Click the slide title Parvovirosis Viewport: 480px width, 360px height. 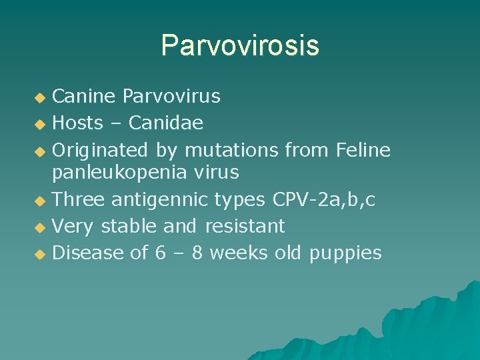[240, 45]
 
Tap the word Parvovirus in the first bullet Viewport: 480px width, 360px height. [171, 97]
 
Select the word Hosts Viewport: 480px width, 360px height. [77, 123]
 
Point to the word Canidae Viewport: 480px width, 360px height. [166, 123]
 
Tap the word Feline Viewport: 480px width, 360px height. [363, 150]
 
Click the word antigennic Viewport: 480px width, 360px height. [162, 199]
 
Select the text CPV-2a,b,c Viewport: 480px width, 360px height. [324, 199]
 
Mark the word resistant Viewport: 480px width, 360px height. [245, 226]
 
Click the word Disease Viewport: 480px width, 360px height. [89, 253]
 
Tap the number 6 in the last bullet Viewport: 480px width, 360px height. [159, 253]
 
